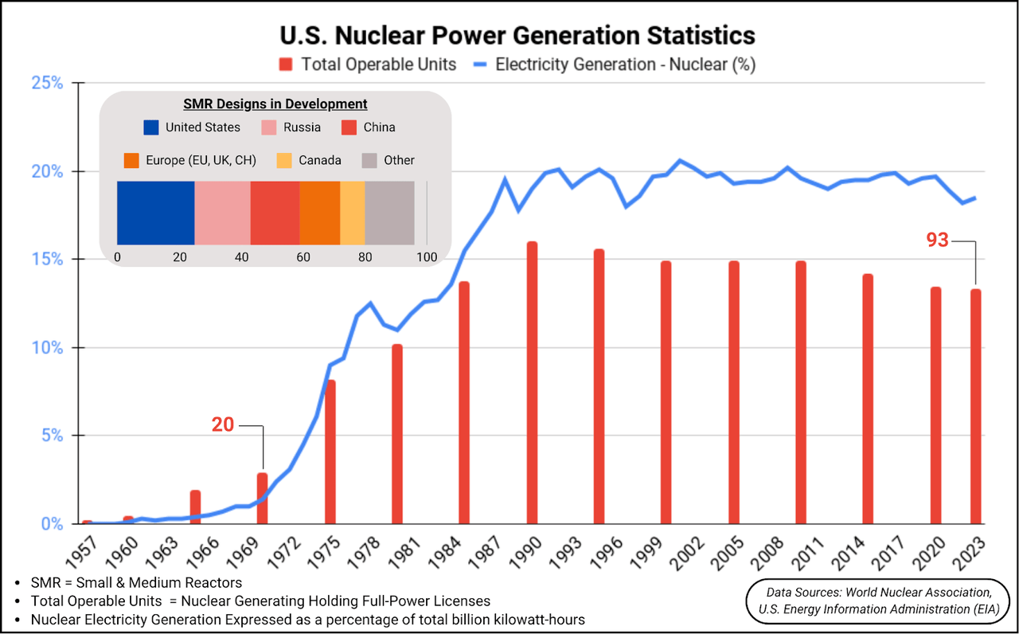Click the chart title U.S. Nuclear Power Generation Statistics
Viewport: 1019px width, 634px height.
(517, 36)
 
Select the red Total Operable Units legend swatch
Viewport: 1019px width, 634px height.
(287, 65)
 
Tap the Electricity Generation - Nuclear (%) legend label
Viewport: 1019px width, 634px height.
(625, 65)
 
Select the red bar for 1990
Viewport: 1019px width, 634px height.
(532, 382)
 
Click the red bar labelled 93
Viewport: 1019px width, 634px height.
(975, 406)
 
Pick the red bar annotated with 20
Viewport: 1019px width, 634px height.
(262, 498)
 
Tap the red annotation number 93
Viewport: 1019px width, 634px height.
(937, 240)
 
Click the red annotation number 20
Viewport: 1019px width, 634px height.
(223, 425)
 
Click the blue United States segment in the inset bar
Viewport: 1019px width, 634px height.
(155, 213)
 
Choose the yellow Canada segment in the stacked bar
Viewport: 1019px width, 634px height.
(352, 213)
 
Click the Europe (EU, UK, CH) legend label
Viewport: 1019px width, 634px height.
(201, 161)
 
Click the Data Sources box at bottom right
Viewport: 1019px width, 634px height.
(878, 601)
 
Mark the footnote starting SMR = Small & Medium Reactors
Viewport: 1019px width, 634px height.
(135, 583)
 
